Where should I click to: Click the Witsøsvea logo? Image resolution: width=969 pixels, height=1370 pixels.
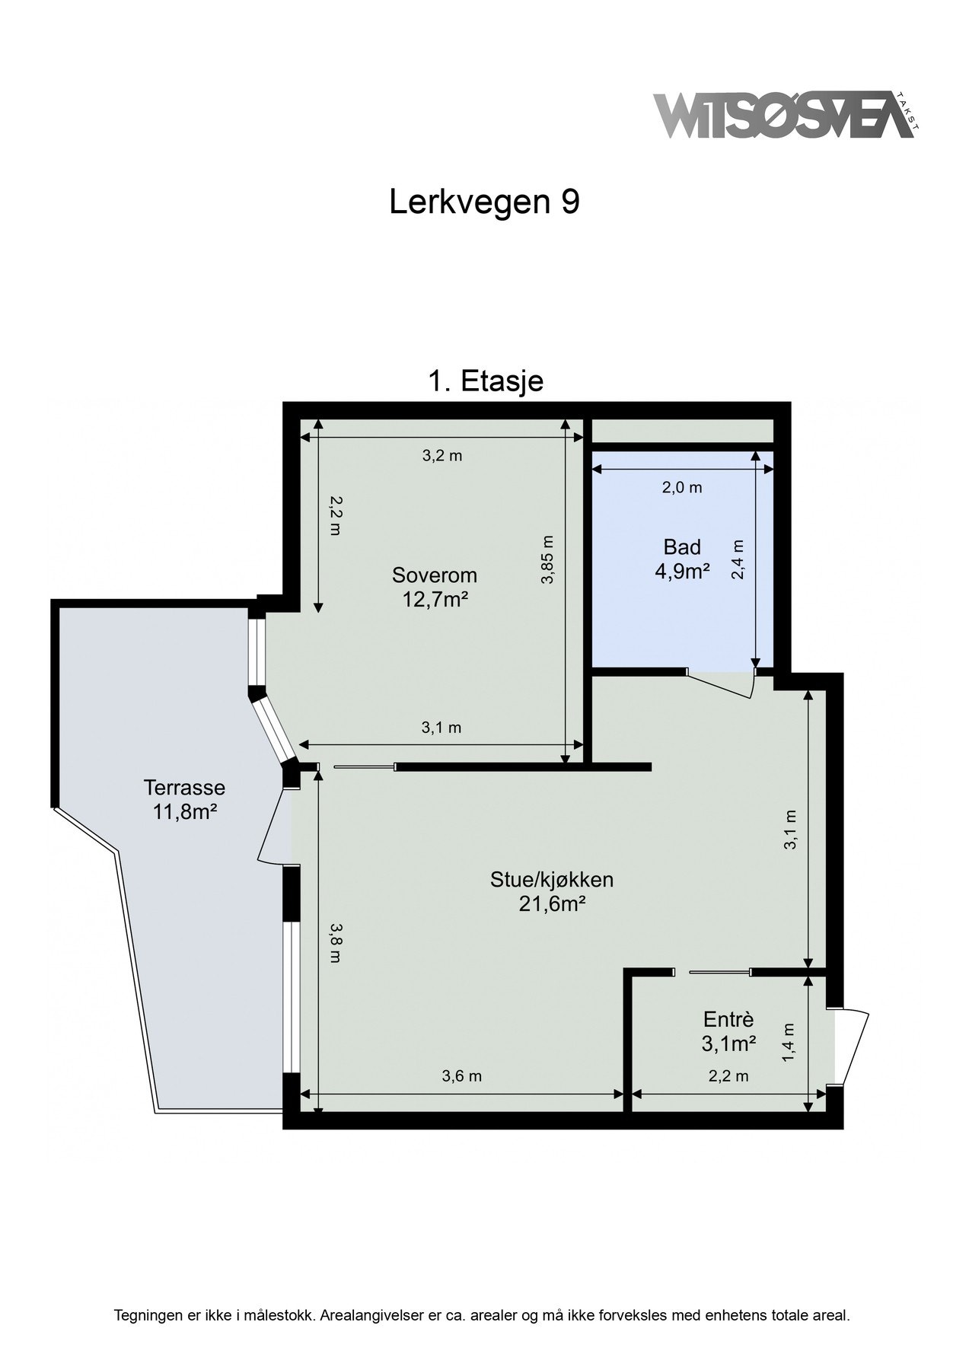(784, 116)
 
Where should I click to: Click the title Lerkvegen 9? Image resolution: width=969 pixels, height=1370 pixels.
(484, 202)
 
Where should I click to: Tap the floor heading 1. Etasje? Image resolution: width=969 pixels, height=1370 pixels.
(485, 381)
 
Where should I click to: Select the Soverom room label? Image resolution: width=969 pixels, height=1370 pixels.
(434, 574)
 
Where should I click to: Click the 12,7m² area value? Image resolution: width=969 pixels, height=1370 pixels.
(434, 600)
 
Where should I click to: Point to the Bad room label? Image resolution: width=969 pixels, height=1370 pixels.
(682, 546)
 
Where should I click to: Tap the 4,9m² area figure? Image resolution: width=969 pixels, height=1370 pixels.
(682, 572)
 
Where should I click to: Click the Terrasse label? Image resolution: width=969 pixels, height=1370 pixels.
(184, 786)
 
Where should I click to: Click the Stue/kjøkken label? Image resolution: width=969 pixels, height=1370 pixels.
(551, 880)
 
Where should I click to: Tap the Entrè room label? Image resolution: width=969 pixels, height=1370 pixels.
(728, 1019)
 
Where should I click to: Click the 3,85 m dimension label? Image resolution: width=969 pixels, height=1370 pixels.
(547, 559)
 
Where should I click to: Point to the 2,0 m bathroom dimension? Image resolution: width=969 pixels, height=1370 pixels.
(681, 488)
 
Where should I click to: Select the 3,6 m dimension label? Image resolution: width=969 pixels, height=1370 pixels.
(461, 1076)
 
